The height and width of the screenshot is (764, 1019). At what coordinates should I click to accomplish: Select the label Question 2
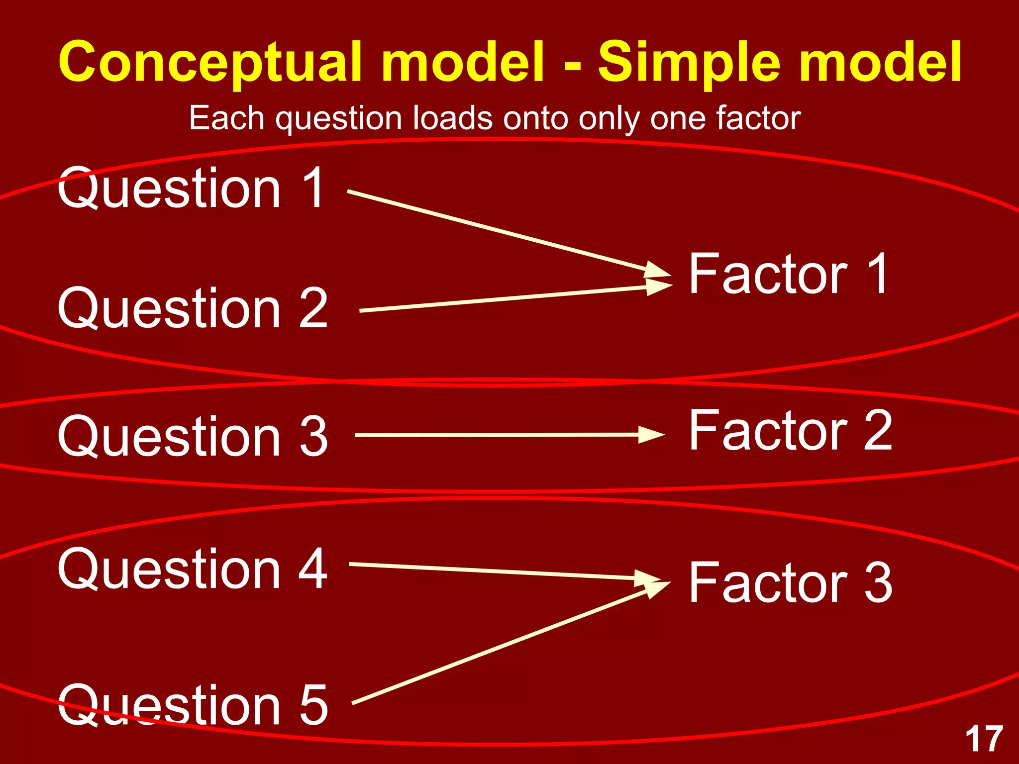193,309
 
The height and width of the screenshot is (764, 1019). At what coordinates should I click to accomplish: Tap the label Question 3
193,436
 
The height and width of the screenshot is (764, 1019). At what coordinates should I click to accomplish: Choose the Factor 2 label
791,430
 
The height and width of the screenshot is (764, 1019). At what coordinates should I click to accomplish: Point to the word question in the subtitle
338,119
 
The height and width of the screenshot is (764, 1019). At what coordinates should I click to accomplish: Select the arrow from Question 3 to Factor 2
508,435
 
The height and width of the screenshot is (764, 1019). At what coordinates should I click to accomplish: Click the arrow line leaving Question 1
498,231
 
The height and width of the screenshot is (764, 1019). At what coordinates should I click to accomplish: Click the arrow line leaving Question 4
498,571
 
